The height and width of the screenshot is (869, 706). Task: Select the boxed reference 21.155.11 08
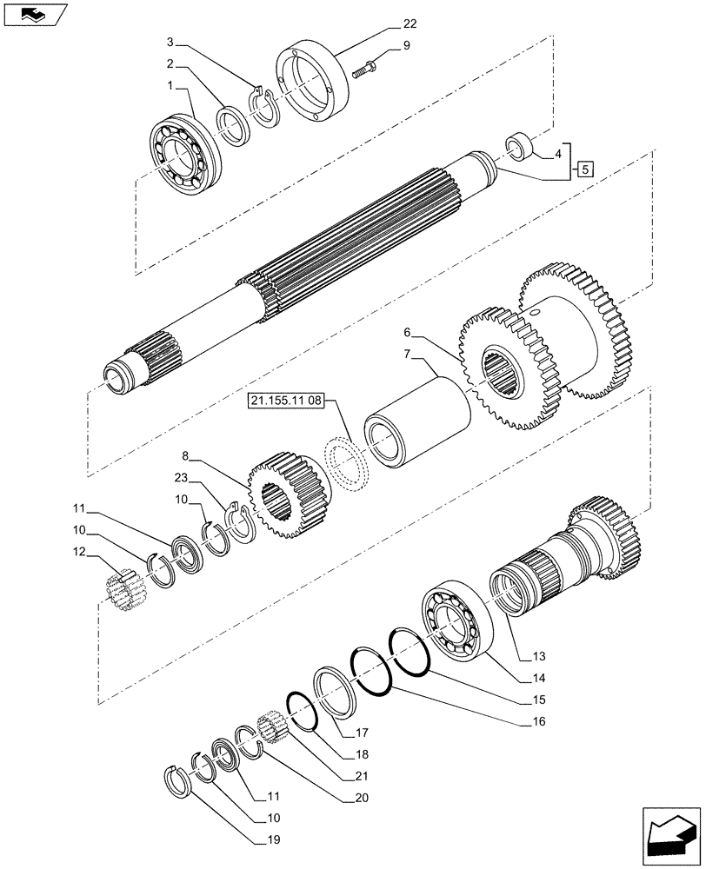[285, 401]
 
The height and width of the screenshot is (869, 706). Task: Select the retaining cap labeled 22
[314, 81]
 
